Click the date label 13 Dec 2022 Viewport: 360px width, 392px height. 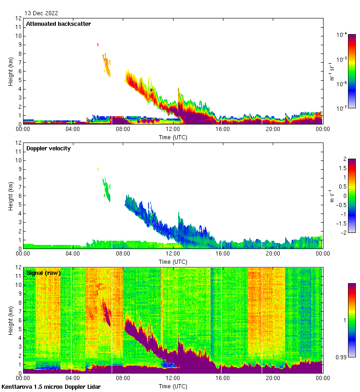(x=42, y=13)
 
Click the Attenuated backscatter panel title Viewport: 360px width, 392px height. (x=58, y=24)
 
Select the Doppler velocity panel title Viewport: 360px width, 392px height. (x=48, y=148)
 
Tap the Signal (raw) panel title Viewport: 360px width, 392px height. (x=43, y=273)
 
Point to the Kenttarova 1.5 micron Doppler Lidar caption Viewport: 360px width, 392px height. (x=51, y=386)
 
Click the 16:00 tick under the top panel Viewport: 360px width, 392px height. (x=223, y=130)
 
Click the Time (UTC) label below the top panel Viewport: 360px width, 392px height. (x=173, y=137)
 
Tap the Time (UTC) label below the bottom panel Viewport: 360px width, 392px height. (x=173, y=386)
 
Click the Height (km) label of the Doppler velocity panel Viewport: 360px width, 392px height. (x=11, y=196)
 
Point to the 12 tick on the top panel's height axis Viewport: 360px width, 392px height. (x=19, y=18)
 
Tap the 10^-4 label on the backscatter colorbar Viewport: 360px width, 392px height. (x=342, y=35)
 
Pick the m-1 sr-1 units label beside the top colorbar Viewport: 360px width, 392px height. (x=332, y=71)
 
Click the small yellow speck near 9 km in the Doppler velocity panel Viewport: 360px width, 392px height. (x=98, y=169)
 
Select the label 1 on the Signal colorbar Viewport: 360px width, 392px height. (x=344, y=320)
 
